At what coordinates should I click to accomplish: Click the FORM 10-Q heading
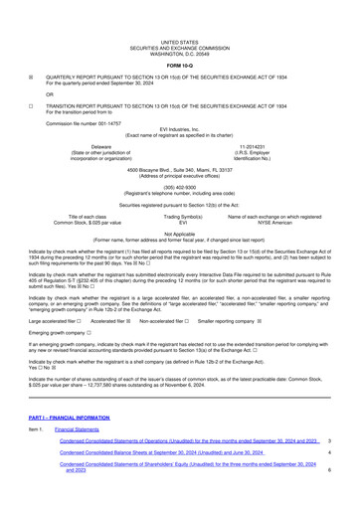tap(180, 65)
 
